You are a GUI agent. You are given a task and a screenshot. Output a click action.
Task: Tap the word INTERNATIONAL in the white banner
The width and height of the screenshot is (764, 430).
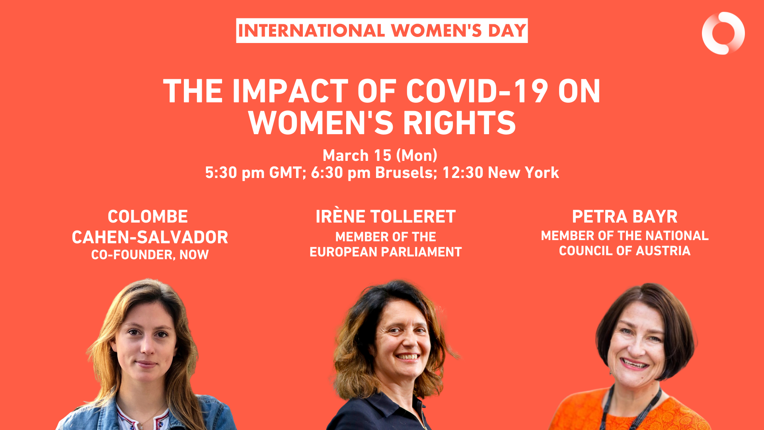click(312, 31)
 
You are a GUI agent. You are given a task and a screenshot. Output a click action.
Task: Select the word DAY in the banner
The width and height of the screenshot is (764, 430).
click(507, 31)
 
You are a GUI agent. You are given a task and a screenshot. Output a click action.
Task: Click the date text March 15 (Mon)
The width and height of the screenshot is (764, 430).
click(380, 155)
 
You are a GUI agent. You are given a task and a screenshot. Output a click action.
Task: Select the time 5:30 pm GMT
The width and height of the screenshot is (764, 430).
click(253, 173)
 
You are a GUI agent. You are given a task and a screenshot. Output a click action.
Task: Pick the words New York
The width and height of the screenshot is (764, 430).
click(523, 172)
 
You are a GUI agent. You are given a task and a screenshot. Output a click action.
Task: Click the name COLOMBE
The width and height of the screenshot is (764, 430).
click(148, 217)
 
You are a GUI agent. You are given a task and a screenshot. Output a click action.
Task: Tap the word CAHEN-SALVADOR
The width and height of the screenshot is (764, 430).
click(150, 237)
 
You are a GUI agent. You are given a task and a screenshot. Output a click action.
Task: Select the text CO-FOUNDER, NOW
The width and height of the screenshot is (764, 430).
click(150, 255)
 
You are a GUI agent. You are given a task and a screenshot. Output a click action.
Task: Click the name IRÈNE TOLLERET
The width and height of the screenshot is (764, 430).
click(386, 217)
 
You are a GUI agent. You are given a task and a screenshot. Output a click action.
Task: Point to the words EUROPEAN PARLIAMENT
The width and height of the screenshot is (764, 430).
click(386, 252)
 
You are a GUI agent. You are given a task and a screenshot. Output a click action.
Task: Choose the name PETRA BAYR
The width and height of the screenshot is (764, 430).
click(624, 217)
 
